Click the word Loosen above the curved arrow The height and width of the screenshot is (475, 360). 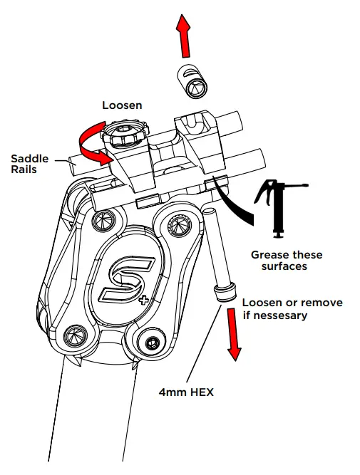(x=122, y=105)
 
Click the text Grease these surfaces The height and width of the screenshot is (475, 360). (x=286, y=261)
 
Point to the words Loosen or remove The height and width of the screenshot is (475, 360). (x=292, y=302)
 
